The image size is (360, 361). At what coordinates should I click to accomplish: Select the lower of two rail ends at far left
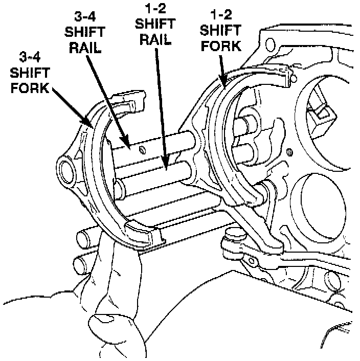pos(82,265)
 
